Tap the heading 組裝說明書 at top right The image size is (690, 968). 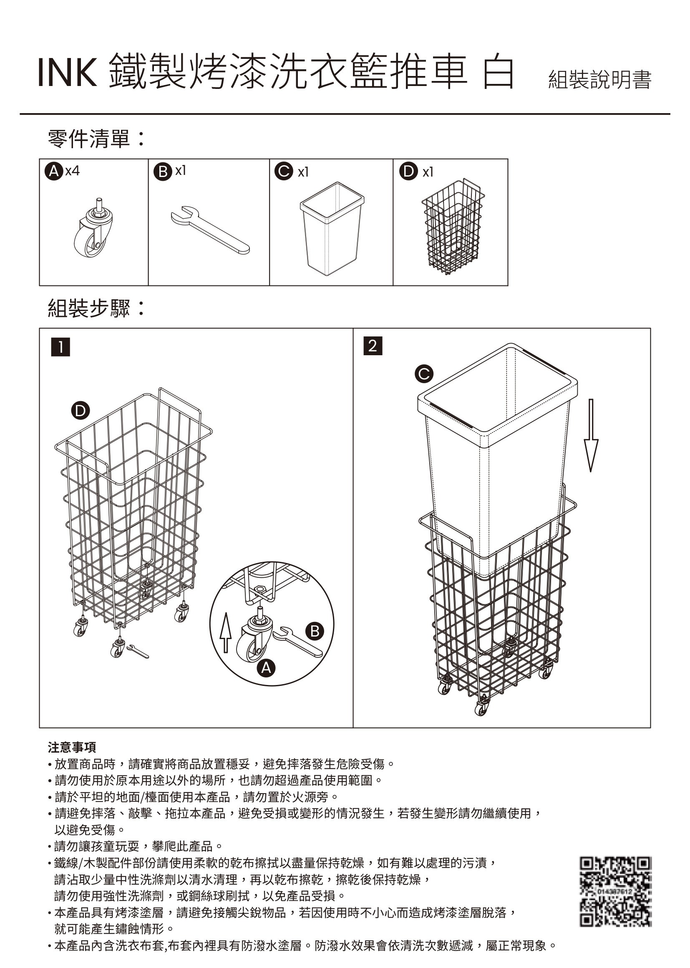599,80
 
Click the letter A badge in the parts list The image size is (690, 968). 53,172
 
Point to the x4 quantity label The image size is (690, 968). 72,171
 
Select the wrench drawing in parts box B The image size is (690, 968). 210,230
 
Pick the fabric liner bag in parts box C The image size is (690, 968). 332,228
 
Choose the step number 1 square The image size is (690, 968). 60,347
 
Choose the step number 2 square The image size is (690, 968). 373,346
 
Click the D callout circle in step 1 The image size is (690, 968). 80,411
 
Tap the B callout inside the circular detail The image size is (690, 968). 315,631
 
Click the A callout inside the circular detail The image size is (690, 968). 266,669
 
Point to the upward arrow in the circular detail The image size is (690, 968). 226,632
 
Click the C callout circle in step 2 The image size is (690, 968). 423,374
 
